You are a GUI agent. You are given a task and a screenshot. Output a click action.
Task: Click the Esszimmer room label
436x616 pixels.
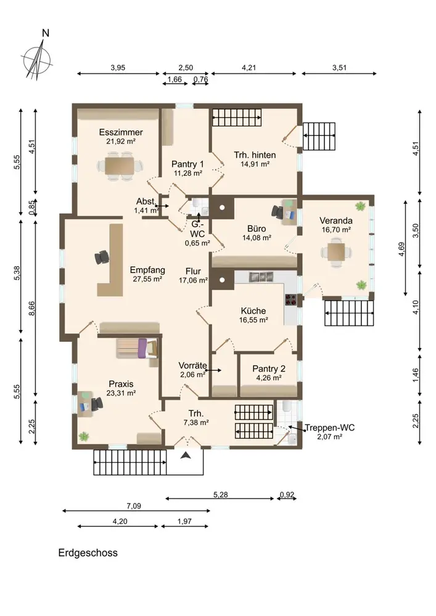tap(121, 132)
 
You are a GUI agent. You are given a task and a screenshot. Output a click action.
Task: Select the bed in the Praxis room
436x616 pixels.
tap(137, 349)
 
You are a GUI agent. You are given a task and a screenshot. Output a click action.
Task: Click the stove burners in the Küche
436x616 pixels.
tap(291, 299)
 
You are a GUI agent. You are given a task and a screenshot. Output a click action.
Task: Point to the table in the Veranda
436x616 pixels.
tap(336, 252)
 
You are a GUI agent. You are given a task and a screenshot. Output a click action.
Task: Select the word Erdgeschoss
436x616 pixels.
tap(88, 553)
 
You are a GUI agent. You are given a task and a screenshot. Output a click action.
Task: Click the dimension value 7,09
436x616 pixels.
tap(134, 506)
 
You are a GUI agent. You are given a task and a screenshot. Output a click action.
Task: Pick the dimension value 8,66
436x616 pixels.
tap(32, 308)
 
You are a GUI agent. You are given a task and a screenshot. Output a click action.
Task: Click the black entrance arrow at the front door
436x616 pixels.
tap(186, 455)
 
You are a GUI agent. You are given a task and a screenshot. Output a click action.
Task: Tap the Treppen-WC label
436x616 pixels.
tap(329, 428)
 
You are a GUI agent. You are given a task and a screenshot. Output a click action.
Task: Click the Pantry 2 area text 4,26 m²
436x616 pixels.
tap(269, 378)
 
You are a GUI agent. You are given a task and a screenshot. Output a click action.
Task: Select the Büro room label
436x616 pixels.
tap(257, 229)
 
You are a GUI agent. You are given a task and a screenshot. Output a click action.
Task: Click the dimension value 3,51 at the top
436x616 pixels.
tap(339, 68)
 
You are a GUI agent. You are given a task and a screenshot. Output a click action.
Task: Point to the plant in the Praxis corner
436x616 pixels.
tap(83, 436)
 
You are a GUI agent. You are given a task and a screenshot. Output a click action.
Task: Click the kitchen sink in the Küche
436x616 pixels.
tap(260, 277)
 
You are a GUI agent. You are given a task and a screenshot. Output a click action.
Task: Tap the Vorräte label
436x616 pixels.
tap(192, 365)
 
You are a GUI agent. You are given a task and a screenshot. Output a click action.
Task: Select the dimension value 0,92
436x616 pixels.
tap(287, 495)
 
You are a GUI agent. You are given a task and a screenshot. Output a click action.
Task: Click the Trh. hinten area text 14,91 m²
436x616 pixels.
tap(255, 164)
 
